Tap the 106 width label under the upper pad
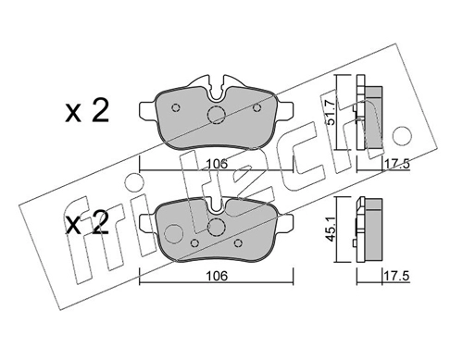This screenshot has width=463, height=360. point(217,164)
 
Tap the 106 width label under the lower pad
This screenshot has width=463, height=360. point(217,276)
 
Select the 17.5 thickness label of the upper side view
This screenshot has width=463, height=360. point(396,164)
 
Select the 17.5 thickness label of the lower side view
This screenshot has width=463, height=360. point(396,276)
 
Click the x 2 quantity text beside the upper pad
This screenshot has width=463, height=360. point(87,112)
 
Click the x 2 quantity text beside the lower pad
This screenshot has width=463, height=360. point(87,224)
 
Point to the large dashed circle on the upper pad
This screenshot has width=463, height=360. point(216,115)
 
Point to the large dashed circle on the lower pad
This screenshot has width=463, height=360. point(216,228)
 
